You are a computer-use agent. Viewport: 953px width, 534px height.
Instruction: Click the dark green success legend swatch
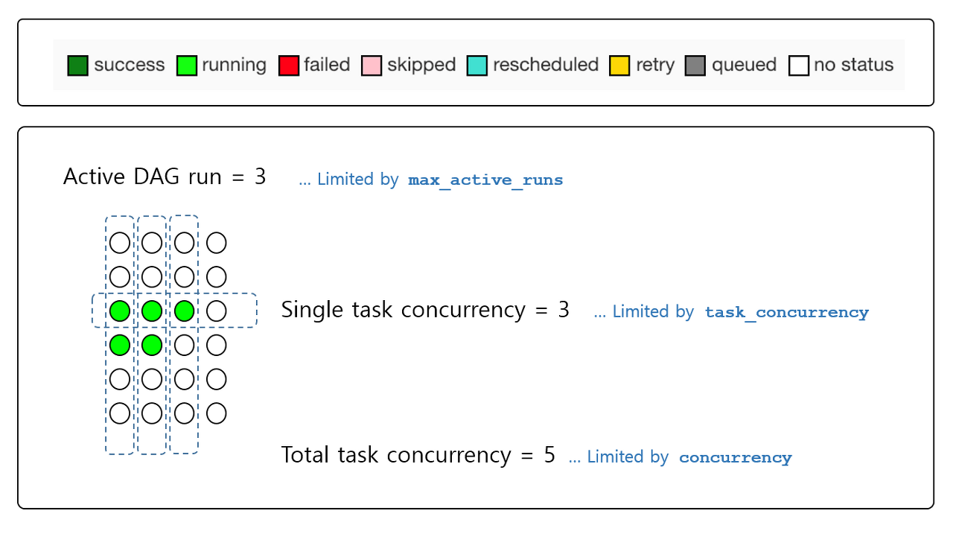pos(77,66)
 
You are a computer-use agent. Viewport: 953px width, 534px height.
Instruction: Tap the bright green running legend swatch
pos(187,66)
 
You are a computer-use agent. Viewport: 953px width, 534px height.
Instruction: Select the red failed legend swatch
pos(288,66)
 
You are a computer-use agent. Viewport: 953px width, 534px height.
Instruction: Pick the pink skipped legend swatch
pos(371,66)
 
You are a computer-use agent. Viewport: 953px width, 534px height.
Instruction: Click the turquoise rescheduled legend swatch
pos(477,66)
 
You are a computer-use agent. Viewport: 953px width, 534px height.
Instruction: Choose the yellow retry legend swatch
pos(619,66)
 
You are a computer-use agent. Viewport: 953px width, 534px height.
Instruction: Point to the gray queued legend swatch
pos(695,66)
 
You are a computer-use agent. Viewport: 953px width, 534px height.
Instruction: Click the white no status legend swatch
pos(799,66)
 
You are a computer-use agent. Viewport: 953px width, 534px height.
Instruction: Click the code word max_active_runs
pos(485,180)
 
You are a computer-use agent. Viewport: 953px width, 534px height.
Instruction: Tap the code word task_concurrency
pos(786,313)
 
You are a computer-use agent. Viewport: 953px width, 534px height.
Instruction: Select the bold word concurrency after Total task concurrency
pos(735,457)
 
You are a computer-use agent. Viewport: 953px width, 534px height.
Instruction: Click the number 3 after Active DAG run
pos(260,177)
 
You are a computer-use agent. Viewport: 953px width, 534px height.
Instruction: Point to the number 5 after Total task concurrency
pos(549,455)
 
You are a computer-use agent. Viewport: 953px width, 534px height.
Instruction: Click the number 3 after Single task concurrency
pos(564,310)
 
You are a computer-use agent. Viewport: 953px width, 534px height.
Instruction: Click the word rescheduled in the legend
pos(545,65)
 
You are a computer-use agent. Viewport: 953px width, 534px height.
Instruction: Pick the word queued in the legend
pos(744,66)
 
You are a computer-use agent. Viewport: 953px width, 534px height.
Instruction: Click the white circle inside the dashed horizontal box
pos(217,311)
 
